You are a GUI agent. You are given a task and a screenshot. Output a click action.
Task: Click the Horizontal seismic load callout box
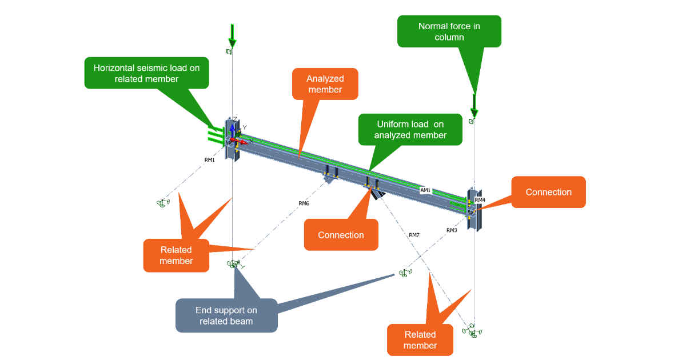147,73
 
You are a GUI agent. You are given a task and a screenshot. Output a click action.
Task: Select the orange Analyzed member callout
325,84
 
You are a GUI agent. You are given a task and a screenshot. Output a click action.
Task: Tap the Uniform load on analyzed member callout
410,130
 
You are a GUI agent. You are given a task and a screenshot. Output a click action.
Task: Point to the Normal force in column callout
449,31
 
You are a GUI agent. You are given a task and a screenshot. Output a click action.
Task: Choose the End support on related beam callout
226,315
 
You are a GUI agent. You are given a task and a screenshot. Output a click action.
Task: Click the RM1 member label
210,160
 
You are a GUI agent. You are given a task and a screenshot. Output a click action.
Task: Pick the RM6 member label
304,203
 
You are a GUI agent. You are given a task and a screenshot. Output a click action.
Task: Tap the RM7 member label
414,235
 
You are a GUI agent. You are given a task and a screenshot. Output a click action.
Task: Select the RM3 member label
452,230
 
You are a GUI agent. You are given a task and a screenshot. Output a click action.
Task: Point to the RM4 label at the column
480,200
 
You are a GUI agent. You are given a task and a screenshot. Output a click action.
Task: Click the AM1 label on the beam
425,190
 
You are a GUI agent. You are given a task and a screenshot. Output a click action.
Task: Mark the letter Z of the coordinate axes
234,119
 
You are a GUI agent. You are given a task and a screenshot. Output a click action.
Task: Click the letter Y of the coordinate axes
244,127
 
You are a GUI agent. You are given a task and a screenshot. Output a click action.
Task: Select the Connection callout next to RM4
548,192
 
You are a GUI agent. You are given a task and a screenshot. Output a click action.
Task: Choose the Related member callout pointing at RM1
176,255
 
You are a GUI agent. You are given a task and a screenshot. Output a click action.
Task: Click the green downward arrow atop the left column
232,36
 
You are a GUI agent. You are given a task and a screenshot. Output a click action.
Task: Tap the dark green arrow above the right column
473,103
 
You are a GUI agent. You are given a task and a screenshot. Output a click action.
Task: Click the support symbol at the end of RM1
163,203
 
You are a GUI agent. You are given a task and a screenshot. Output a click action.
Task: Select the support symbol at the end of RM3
405,273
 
